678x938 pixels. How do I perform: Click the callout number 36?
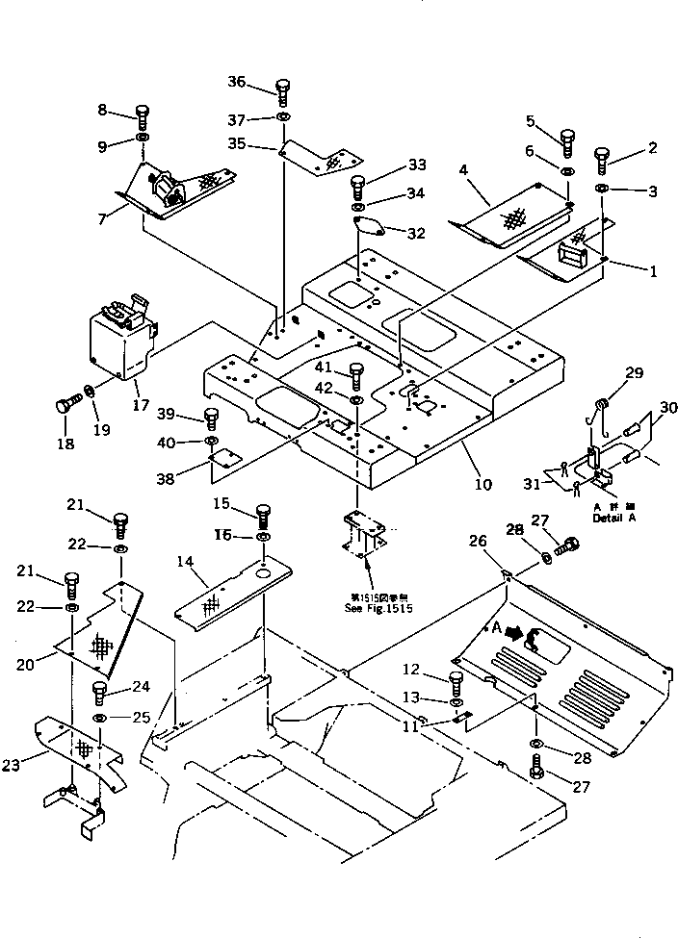(236, 82)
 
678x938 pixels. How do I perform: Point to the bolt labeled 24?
(98, 693)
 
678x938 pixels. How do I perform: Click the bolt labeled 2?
(604, 157)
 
